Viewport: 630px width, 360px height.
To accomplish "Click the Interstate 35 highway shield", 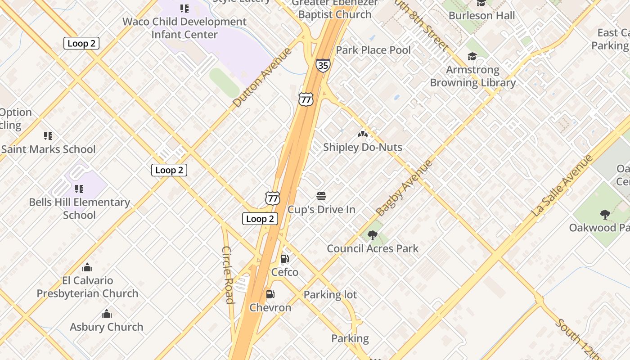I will point(323,65).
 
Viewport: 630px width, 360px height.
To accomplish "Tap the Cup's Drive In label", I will point(321,210).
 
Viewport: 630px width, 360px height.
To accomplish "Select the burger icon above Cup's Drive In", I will point(321,196).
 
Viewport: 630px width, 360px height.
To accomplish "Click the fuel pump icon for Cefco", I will point(284,259).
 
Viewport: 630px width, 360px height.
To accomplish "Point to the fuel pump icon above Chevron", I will point(270,294).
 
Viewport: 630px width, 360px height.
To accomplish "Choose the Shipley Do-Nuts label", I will point(363,147).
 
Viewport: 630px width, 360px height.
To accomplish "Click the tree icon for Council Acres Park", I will point(372,235).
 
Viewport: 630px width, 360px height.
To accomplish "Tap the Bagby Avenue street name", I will point(404,188).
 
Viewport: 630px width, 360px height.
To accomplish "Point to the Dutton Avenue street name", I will point(262,77).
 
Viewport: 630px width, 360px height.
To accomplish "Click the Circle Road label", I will point(229,275).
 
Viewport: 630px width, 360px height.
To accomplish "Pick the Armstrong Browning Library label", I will point(472,76).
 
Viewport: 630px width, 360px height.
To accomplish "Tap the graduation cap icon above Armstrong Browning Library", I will point(472,57).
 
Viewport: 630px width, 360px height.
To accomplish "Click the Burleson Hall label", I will point(481,16).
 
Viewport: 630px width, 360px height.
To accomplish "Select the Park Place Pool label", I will point(373,50).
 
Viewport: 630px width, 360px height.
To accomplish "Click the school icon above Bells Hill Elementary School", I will point(79,189).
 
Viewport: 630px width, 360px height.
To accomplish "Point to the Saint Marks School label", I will point(49,149).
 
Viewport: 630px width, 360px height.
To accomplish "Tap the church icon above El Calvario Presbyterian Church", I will point(87,268).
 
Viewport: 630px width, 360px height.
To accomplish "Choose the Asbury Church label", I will point(107,327).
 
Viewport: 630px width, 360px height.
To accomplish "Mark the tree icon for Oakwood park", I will point(605,215).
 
